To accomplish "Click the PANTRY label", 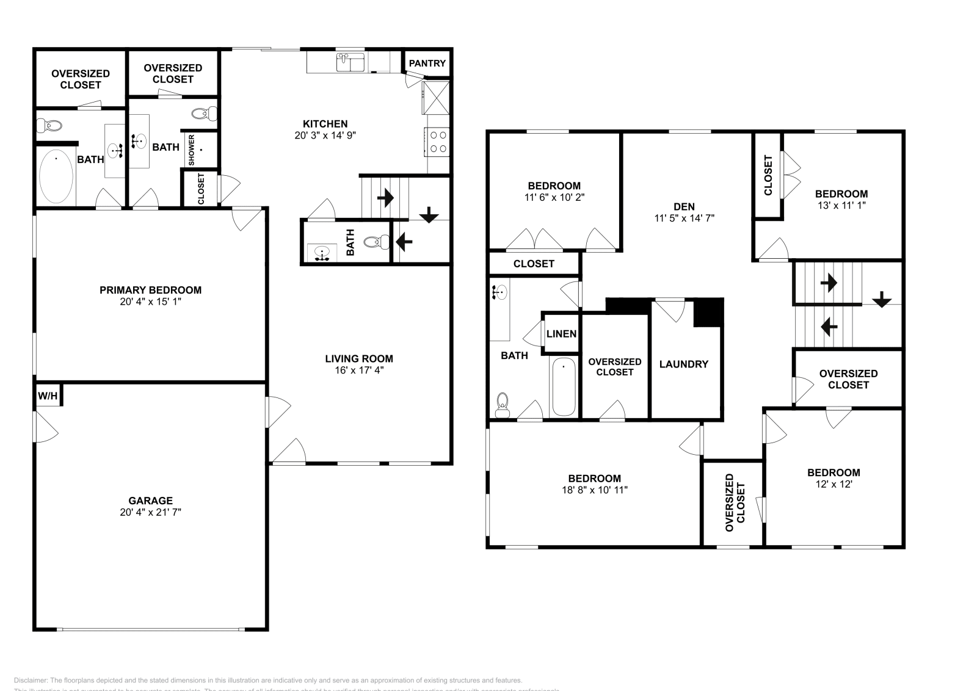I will [x=427, y=63].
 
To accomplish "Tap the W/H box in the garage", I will [x=48, y=396].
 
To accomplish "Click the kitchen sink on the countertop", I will [x=350, y=62].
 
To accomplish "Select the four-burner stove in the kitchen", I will [x=438, y=142].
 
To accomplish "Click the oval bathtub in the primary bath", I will [x=56, y=176].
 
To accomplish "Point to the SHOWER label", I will [x=192, y=150].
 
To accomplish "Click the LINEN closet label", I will [x=561, y=334].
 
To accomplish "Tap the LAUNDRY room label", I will [x=684, y=364].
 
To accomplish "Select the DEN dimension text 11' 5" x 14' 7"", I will [x=684, y=218].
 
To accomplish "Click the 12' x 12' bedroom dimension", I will [x=833, y=484].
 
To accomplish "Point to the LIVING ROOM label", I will [x=359, y=359].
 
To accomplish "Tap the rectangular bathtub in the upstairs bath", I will [x=563, y=388].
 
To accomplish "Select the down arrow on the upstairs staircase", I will [x=882, y=300].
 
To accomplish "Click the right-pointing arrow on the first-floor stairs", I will [x=385, y=198].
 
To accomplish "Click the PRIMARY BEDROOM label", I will [x=150, y=290].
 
